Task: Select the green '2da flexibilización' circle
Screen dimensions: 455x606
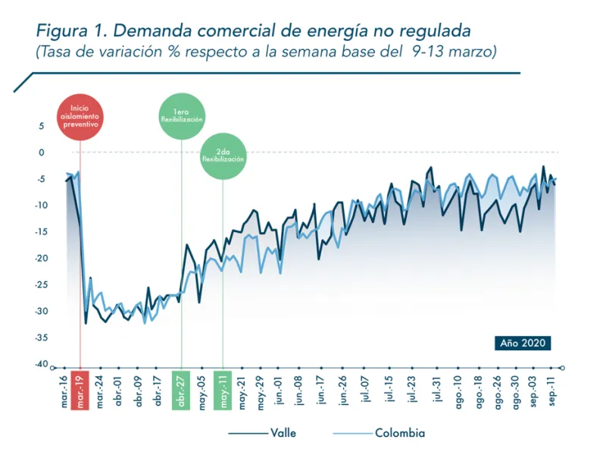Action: click(x=223, y=156)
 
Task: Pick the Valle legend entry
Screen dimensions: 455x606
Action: click(x=262, y=433)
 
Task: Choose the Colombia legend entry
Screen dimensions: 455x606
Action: click(x=379, y=433)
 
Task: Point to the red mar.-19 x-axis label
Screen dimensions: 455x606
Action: click(x=80, y=391)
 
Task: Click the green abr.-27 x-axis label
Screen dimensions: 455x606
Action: click(x=182, y=391)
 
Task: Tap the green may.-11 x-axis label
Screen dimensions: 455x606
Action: click(x=223, y=391)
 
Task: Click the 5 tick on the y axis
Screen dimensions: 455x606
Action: click(x=42, y=126)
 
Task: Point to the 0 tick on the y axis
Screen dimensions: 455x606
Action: click(x=42, y=152)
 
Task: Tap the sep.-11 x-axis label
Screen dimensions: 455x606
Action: click(x=552, y=391)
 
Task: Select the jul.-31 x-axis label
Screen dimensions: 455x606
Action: click(x=436, y=391)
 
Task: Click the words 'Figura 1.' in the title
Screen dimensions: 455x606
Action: click(x=69, y=31)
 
